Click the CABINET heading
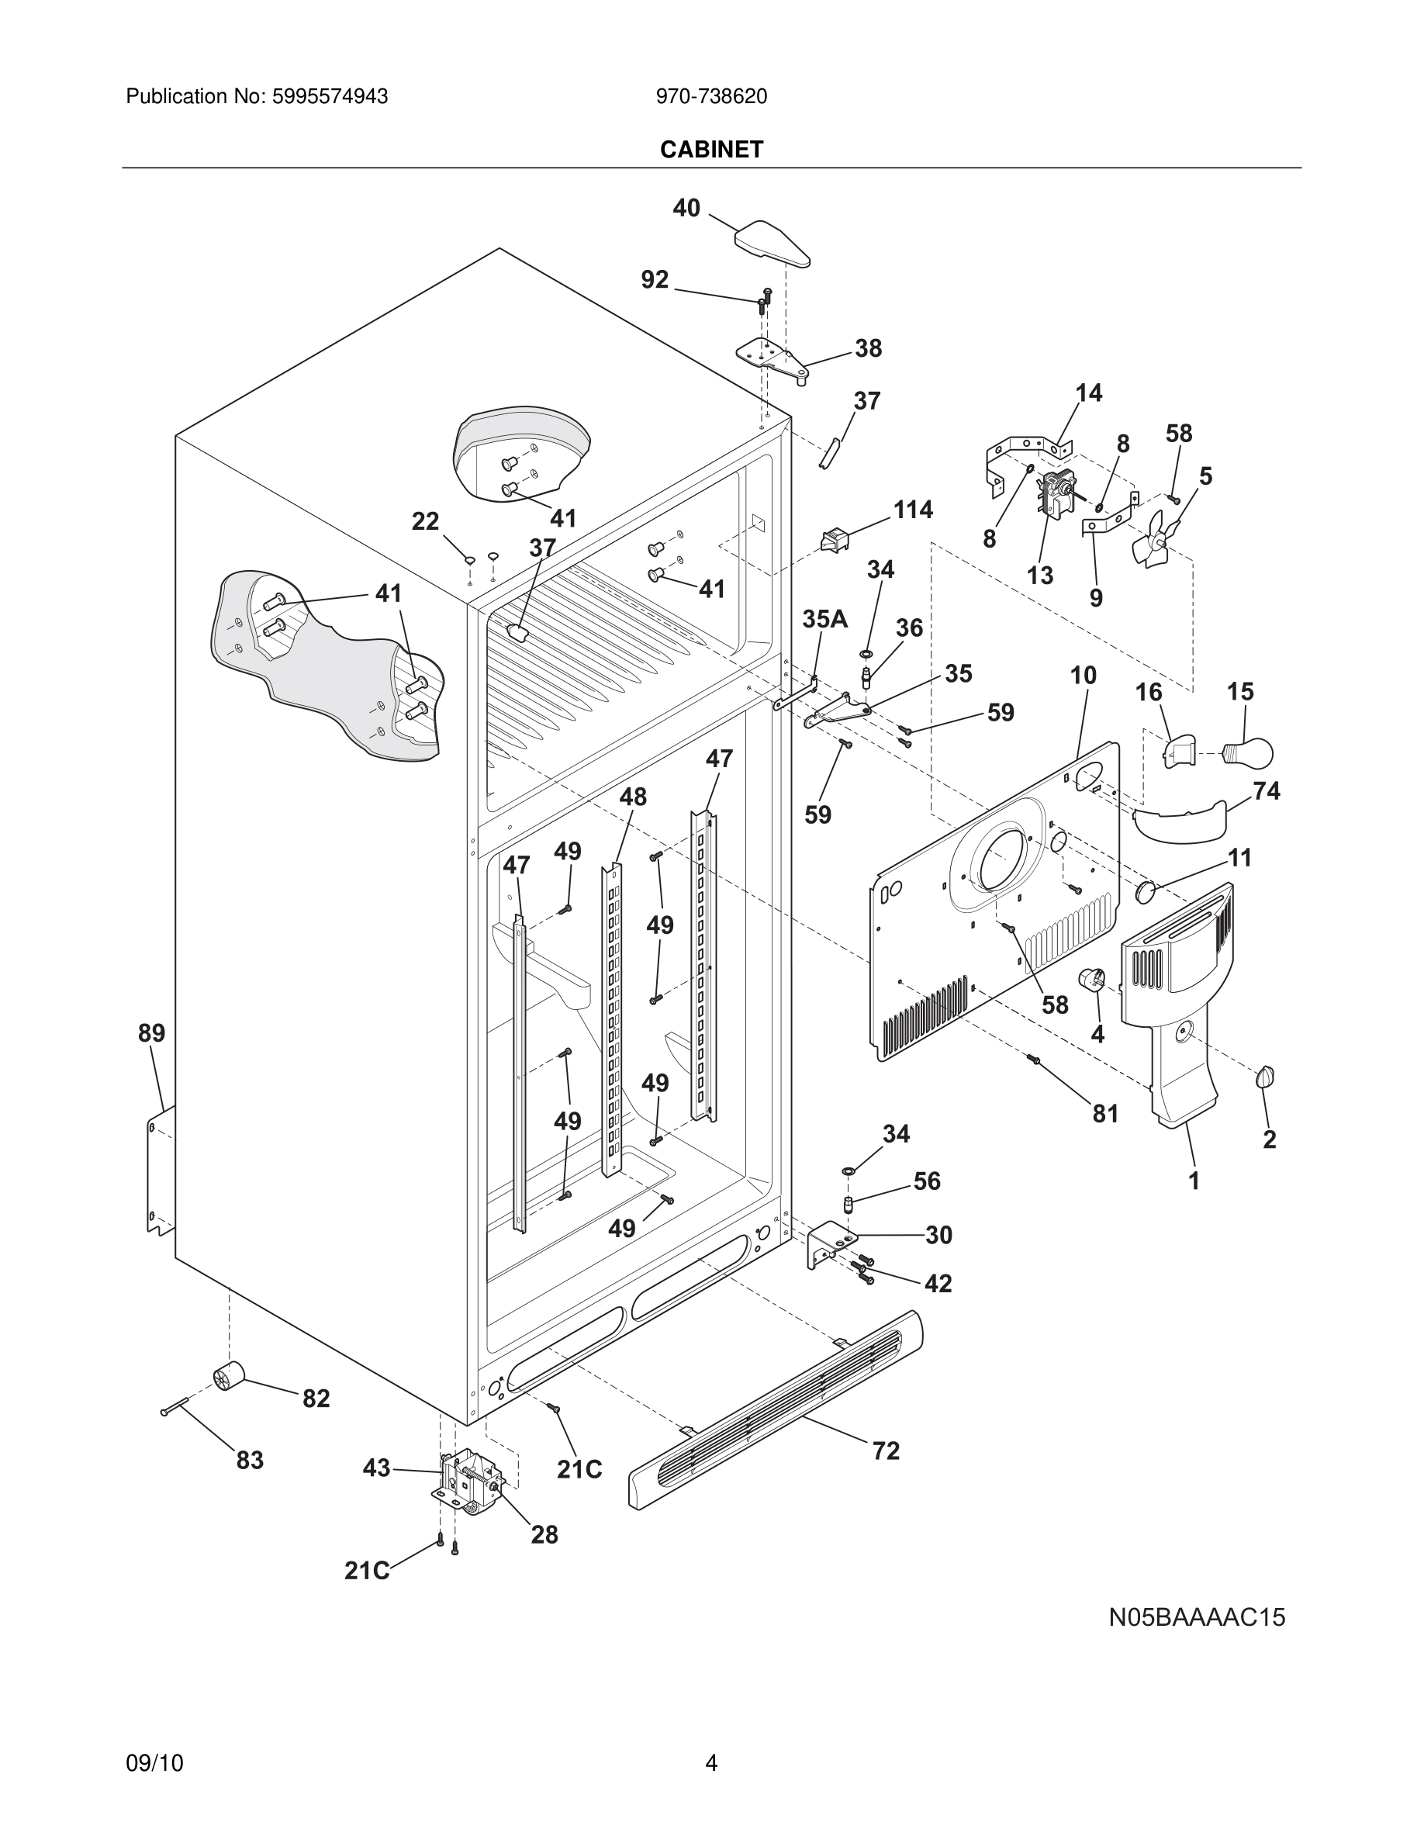711,150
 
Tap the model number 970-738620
711,97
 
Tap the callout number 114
913,510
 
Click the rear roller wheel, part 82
228,1378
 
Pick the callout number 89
152,1033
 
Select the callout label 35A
824,620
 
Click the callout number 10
1084,675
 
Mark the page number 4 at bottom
711,1763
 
